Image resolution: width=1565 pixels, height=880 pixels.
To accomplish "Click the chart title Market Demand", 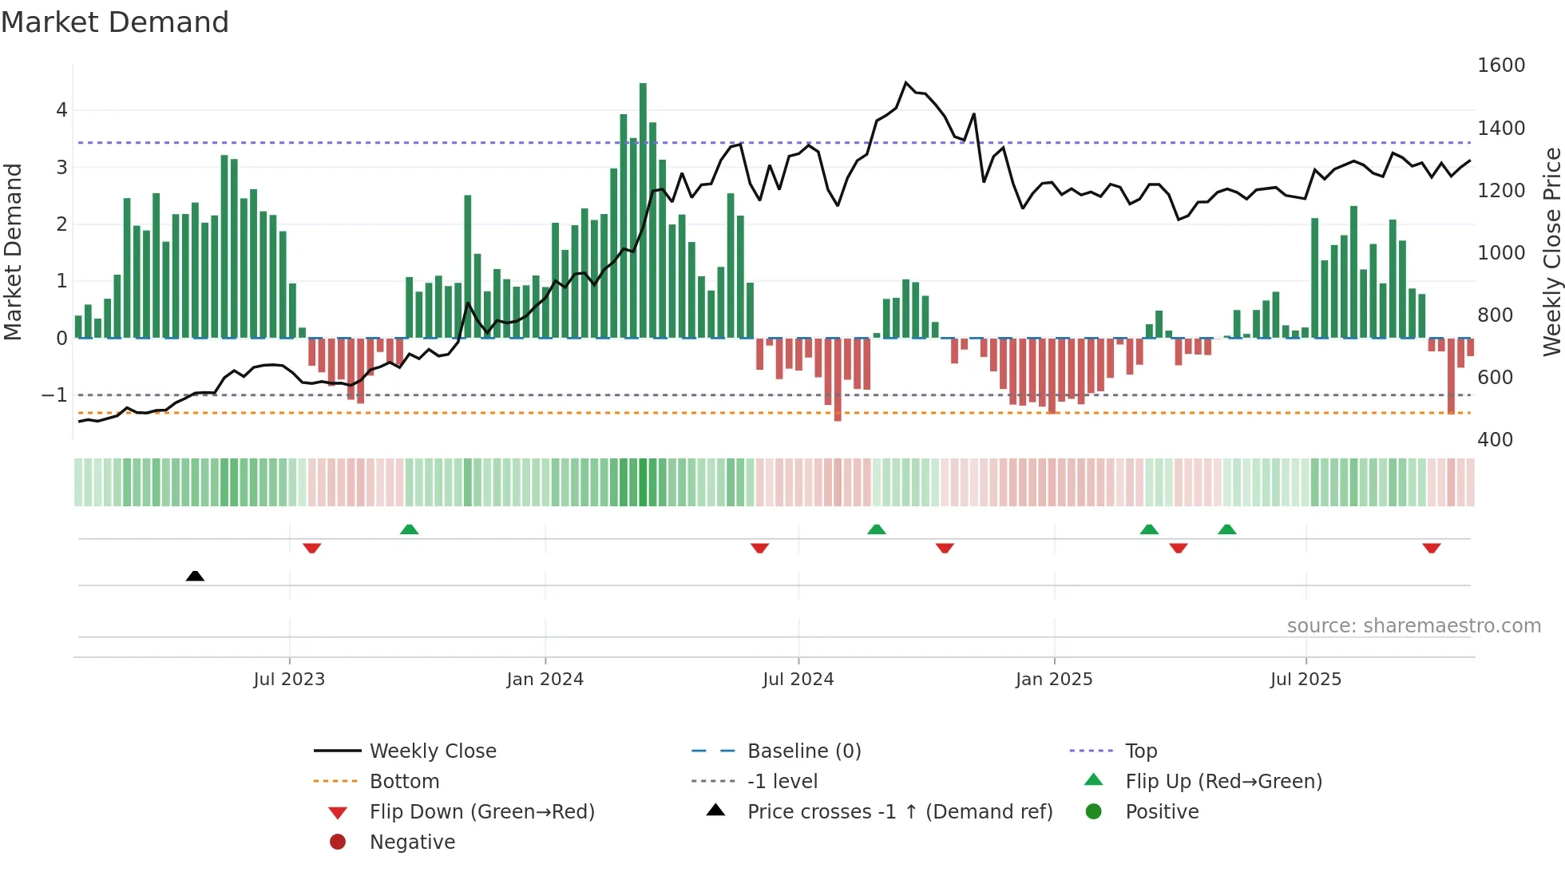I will coord(115,22).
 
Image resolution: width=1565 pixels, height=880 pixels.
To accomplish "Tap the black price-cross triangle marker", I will coord(195,576).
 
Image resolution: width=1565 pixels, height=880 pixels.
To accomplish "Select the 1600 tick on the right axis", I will coord(1500,65).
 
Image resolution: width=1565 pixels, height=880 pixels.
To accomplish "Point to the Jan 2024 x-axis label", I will coord(545,680).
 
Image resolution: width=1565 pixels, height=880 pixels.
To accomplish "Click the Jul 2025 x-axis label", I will coord(1305,680).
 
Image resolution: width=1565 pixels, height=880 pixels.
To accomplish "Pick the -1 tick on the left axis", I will coord(54,395).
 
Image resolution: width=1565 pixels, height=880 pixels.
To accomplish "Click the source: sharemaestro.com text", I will coord(1413,626).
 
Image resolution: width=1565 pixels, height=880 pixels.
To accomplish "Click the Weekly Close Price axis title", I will coord(1551,252).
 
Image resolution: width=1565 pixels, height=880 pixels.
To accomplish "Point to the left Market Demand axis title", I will coord(14,252).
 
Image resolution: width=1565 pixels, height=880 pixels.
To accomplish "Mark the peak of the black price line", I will coord(905,82).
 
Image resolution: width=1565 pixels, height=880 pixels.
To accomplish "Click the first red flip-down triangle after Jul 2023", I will coord(312,548).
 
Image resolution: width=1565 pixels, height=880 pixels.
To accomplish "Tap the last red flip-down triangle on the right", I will coord(1431,548).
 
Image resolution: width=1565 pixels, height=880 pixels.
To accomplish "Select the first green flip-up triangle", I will coord(409,529).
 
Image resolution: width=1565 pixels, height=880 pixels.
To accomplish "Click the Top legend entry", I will coord(1140,751).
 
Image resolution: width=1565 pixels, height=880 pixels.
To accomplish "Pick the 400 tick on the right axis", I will coord(1495,440).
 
